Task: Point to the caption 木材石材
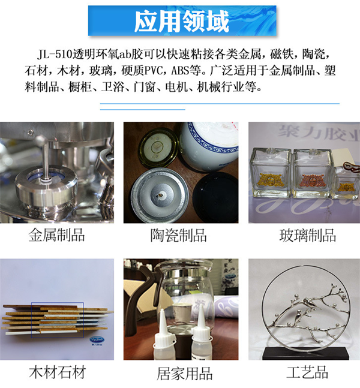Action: pos(57,372)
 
